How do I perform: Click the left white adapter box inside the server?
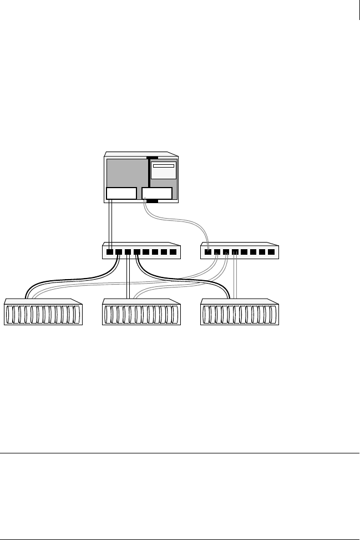click(121, 194)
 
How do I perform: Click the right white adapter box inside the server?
click(157, 194)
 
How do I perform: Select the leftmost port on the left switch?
click(110, 252)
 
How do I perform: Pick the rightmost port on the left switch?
click(174, 252)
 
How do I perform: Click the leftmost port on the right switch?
click(207, 252)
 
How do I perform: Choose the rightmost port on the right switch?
click(271, 252)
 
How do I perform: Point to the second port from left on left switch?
click(119, 252)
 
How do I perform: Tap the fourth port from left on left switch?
click(137, 252)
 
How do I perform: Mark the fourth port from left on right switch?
click(235, 252)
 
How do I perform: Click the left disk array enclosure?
click(43, 314)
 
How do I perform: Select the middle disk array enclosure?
click(141, 314)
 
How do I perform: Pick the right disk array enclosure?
click(240, 314)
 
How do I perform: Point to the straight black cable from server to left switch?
click(110, 222)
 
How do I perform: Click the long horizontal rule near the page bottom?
click(180, 453)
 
